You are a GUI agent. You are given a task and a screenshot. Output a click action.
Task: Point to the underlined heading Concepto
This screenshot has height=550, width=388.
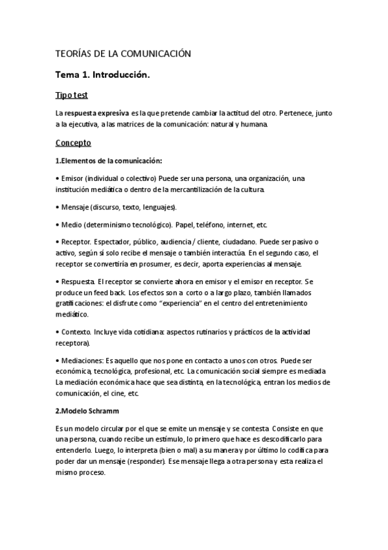(x=73, y=142)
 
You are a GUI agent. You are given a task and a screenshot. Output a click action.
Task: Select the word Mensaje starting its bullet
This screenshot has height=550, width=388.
(x=75, y=207)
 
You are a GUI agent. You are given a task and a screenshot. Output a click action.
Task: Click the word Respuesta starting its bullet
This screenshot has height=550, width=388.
(x=77, y=282)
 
